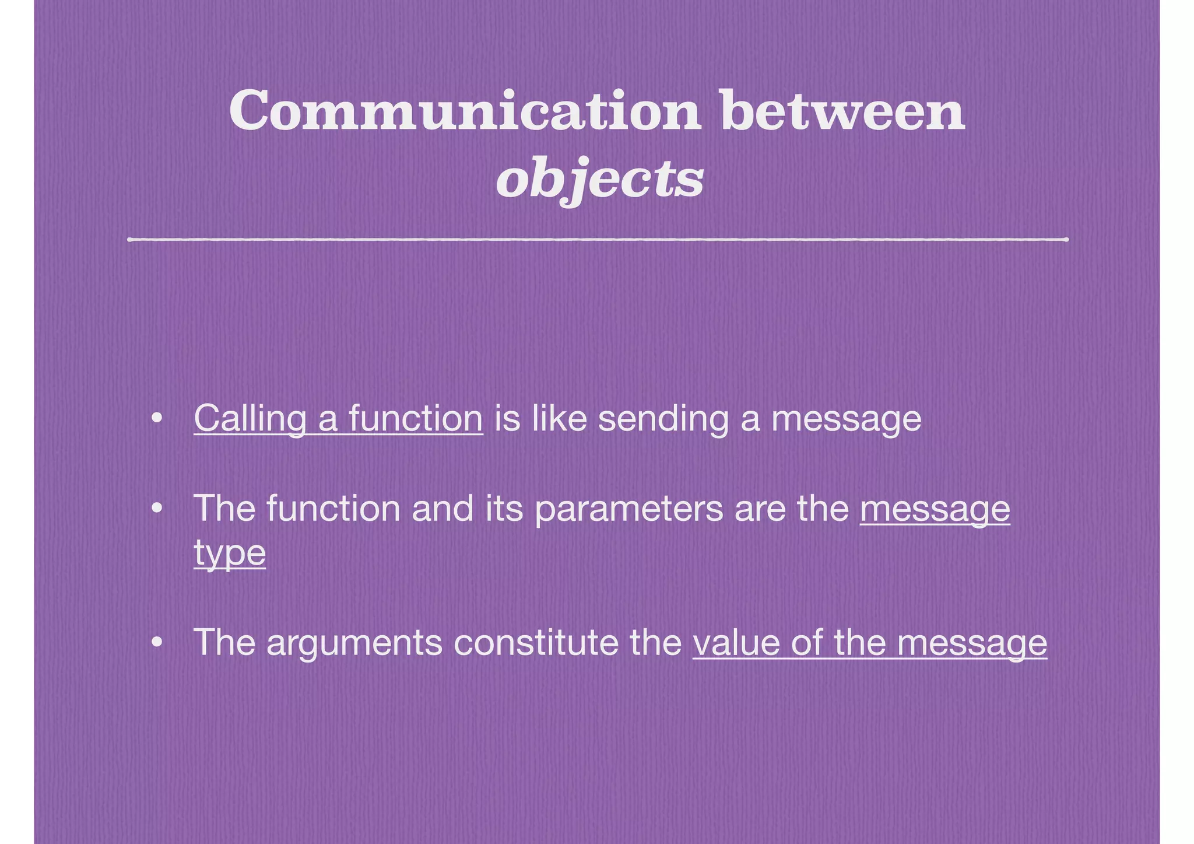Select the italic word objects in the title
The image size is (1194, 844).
pyautogui.click(x=600, y=179)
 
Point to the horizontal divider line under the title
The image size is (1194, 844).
pyautogui.click(x=598, y=239)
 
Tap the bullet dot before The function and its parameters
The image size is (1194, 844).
pyautogui.click(x=156, y=509)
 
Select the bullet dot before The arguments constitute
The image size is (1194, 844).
pyautogui.click(x=156, y=643)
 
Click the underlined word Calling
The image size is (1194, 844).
pyautogui.click(x=250, y=419)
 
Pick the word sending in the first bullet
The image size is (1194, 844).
pyautogui.click(x=663, y=419)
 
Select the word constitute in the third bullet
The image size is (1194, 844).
pyautogui.click(x=535, y=642)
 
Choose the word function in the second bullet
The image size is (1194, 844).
pyautogui.click(x=333, y=508)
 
